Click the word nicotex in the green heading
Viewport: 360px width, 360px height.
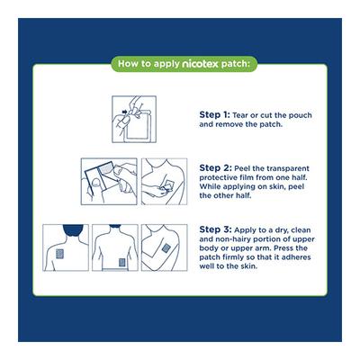pyautogui.click(x=200, y=64)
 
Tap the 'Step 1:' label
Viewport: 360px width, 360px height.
pyautogui.click(x=214, y=115)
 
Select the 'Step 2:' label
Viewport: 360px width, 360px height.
pyautogui.click(x=215, y=168)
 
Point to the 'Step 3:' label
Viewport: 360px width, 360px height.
pyautogui.click(x=215, y=229)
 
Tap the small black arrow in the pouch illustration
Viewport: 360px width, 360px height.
pyautogui.click(x=124, y=112)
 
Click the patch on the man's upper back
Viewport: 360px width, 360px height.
pyautogui.click(x=60, y=254)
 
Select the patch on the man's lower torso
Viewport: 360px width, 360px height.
pyautogui.click(x=121, y=263)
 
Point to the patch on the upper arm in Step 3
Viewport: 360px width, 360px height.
pyautogui.click(x=166, y=248)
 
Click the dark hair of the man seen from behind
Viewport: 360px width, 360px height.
pyautogui.click(x=73, y=229)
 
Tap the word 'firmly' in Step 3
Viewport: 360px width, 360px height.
pyautogui.click(x=235, y=257)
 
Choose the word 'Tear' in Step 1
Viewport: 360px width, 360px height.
pyautogui.click(x=241, y=115)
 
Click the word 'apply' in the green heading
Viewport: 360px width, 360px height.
pyautogui.click(x=166, y=65)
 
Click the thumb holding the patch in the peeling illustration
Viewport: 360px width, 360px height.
pyautogui.click(x=95, y=182)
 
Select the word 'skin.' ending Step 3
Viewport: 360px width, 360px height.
pyautogui.click(x=248, y=266)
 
